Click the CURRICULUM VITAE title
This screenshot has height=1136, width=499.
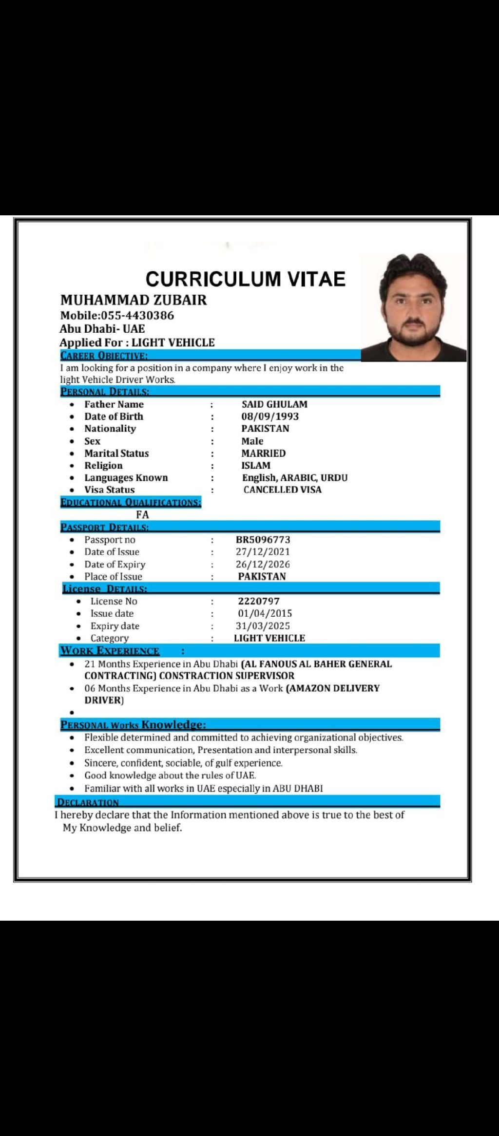[246, 279]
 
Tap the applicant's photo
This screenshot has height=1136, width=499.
[413, 307]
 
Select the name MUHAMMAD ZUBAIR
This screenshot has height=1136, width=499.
[134, 300]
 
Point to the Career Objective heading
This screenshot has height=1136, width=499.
[104, 356]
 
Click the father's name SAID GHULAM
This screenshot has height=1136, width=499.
[274, 404]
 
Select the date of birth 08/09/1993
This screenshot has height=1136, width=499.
[270, 417]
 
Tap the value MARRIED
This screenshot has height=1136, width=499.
[264, 453]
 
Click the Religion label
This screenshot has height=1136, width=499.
[103, 465]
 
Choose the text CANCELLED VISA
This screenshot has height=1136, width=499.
[283, 490]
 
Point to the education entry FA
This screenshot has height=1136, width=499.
[143, 514]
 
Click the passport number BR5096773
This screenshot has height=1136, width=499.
[263, 540]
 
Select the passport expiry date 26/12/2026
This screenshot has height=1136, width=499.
[263, 564]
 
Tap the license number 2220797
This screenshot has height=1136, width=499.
[259, 601]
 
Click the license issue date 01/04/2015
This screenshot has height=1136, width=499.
[265, 613]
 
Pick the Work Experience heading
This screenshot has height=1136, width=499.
[110, 651]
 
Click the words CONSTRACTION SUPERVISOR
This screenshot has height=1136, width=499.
[227, 676]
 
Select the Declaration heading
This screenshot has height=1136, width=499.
[88, 802]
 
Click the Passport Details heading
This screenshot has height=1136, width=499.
[104, 527]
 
